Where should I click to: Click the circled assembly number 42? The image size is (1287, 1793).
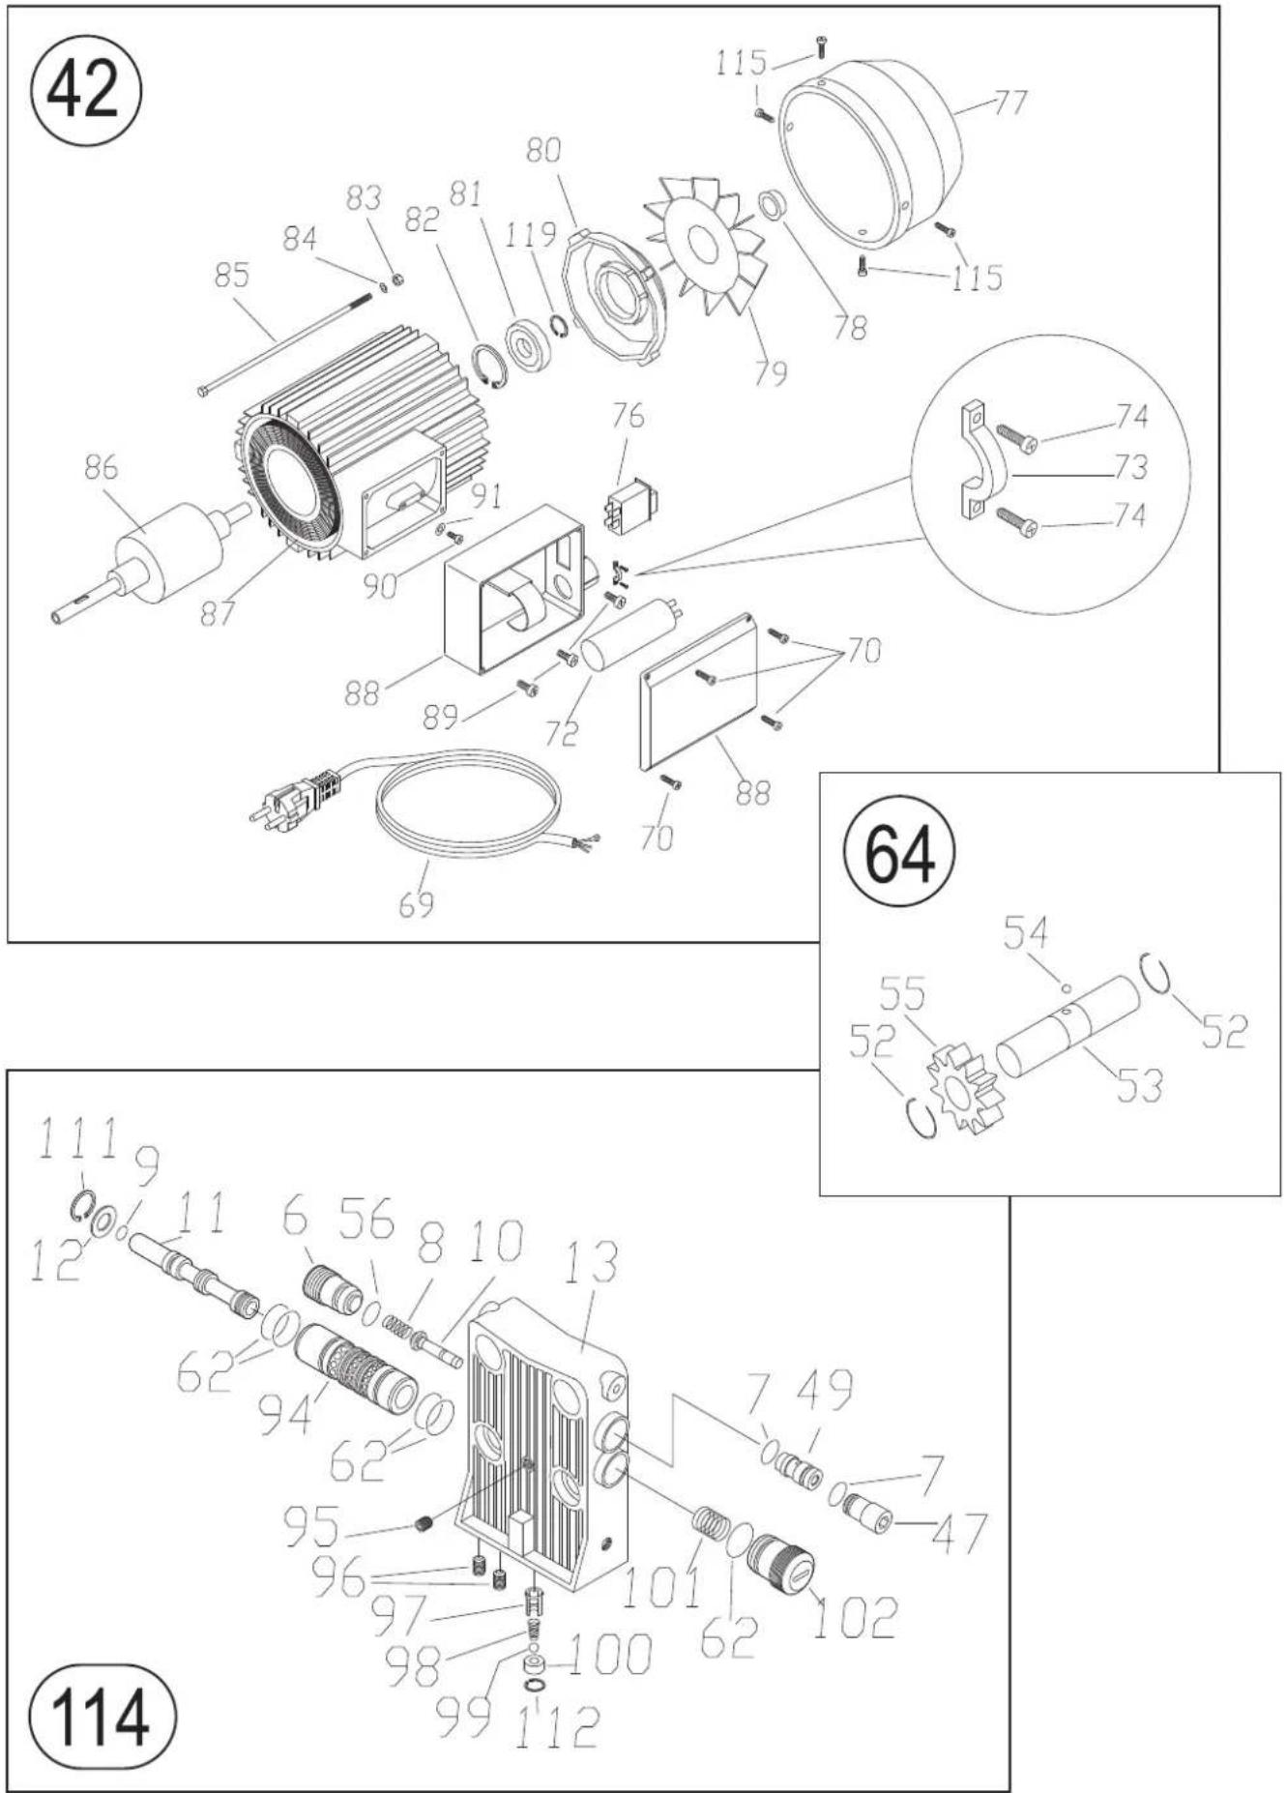tap(86, 90)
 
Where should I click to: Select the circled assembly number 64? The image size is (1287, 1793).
tap(899, 853)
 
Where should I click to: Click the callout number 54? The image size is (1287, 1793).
tap(1025, 934)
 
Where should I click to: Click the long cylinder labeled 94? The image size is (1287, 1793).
tap(355, 1362)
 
